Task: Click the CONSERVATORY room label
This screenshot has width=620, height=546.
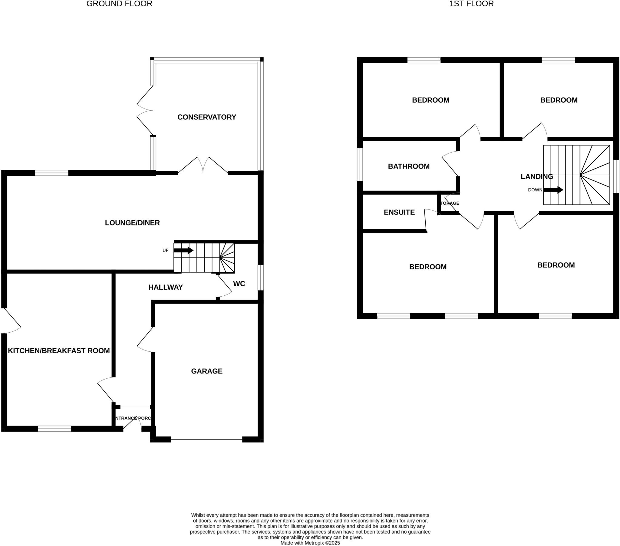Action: pyautogui.click(x=206, y=117)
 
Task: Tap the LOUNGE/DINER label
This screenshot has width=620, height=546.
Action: pyautogui.click(x=132, y=223)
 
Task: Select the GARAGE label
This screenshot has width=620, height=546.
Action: pyautogui.click(x=206, y=371)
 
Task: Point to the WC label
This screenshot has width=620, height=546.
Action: pyautogui.click(x=239, y=284)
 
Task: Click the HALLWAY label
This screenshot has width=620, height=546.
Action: pyautogui.click(x=165, y=287)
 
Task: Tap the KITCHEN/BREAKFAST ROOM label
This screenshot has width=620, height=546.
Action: pyautogui.click(x=58, y=351)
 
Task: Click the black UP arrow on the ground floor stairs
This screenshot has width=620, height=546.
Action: pyautogui.click(x=183, y=250)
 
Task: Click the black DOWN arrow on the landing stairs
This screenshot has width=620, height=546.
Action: pyautogui.click(x=553, y=190)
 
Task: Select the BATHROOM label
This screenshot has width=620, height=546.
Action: pyautogui.click(x=409, y=166)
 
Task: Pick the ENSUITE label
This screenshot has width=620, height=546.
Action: pyautogui.click(x=399, y=212)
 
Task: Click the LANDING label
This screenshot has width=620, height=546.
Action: pyautogui.click(x=536, y=176)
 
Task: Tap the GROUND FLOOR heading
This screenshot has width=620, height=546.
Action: pyautogui.click(x=119, y=4)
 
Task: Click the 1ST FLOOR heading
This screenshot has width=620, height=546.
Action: pyautogui.click(x=471, y=4)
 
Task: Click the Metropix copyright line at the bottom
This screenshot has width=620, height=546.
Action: pyautogui.click(x=310, y=543)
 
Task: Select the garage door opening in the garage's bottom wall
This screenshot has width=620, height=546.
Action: pyautogui.click(x=206, y=439)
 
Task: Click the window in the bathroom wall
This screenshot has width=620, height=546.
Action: pyautogui.click(x=360, y=164)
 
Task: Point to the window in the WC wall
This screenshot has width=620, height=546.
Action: pyautogui.click(x=261, y=277)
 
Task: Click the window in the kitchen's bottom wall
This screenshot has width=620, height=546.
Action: pyautogui.click(x=54, y=429)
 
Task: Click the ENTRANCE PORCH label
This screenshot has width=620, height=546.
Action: pyautogui.click(x=133, y=418)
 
